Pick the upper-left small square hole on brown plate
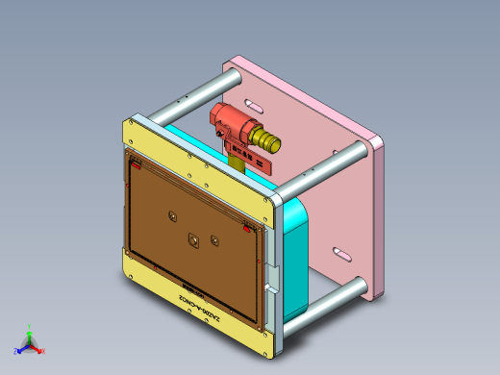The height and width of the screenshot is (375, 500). click(172, 215)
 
